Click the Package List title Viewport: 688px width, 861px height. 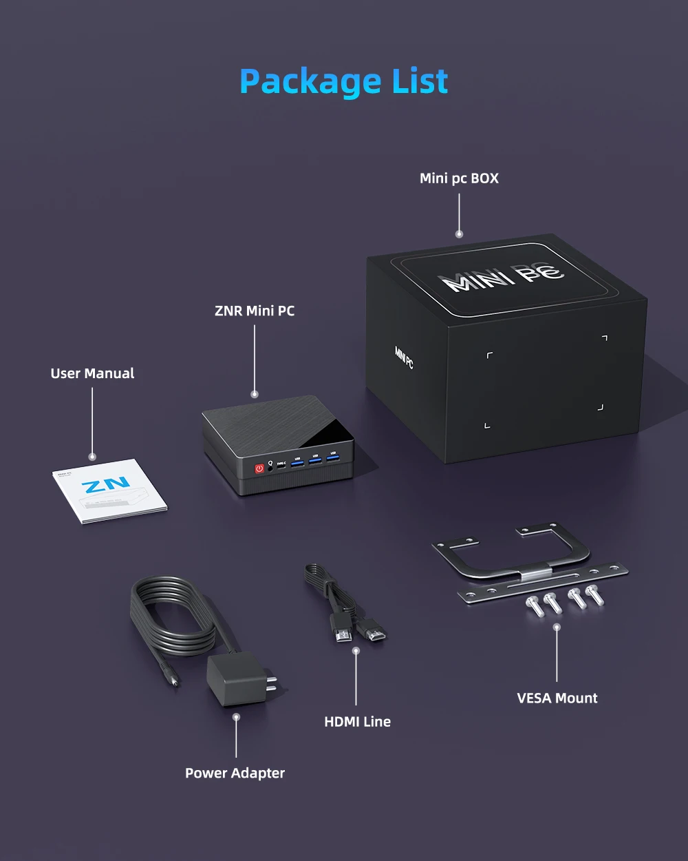coord(344,81)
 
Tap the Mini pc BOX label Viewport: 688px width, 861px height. coord(459,178)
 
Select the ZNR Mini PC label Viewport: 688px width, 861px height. coord(255,311)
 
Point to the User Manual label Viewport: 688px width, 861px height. coord(92,373)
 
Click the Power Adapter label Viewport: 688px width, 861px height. coord(235,773)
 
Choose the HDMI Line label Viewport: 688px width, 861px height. coord(357,721)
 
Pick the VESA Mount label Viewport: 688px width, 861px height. coord(557,698)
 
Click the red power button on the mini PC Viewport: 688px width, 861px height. coord(259,468)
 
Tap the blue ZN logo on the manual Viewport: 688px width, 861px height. coord(105,485)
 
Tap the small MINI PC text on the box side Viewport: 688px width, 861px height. coord(404,357)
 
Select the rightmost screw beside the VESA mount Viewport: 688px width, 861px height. coord(594,594)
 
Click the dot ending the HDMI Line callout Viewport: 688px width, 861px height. coord(356,650)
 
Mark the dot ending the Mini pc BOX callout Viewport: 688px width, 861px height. coord(459,234)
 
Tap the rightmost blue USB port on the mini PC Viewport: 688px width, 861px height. coord(333,457)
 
